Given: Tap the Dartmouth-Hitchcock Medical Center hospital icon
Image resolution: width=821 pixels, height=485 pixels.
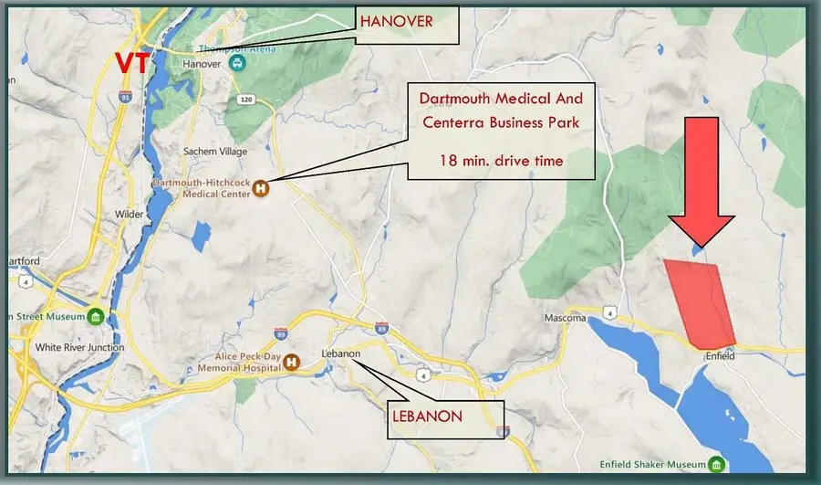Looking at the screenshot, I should pos(260,188).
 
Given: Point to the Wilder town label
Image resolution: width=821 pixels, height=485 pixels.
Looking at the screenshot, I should pos(130,215).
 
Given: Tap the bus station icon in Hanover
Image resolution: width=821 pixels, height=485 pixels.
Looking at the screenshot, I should pos(237,64).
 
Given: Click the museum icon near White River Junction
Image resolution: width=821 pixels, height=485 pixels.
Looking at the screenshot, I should pos(95,317).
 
